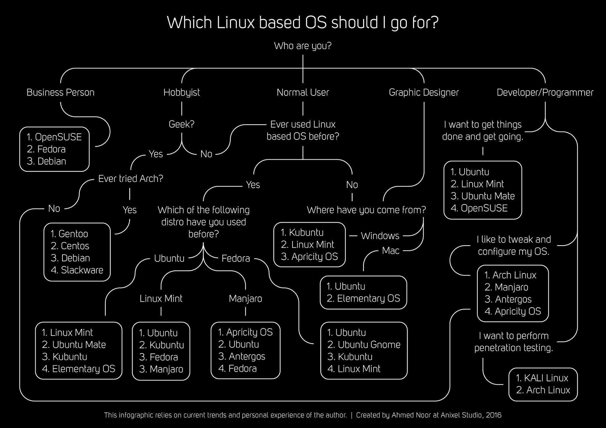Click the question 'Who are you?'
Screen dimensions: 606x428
(303, 46)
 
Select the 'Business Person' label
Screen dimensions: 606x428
(60, 93)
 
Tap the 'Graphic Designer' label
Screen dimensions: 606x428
(424, 93)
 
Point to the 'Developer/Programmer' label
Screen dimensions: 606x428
(545, 93)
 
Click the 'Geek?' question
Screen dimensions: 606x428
(181, 124)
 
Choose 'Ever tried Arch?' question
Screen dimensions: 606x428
(130, 179)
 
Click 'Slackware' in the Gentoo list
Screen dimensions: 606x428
(82, 270)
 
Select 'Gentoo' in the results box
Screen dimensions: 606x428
(73, 234)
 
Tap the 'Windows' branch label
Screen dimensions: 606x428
(380, 236)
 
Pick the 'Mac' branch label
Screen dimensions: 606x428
(391, 251)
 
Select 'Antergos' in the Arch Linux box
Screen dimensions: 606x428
(513, 299)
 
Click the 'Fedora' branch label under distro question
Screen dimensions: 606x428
(236, 259)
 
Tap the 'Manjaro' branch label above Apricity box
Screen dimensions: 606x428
(245, 299)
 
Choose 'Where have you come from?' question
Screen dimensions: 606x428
(366, 210)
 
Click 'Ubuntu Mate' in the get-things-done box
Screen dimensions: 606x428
(488, 196)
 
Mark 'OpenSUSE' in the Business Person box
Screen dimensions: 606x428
(58, 137)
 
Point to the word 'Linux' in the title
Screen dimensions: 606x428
(236, 22)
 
